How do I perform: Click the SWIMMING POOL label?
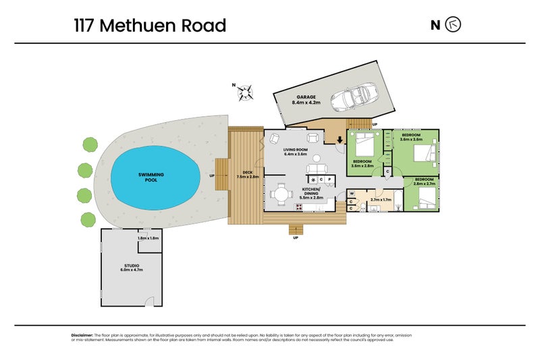151,178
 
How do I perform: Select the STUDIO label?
132,267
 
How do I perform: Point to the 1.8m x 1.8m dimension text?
147,238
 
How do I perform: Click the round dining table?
280,195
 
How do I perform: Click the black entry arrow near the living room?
340,140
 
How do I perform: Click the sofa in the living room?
316,169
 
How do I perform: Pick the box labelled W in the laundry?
352,193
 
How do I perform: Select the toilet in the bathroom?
399,203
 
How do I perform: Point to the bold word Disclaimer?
82,335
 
